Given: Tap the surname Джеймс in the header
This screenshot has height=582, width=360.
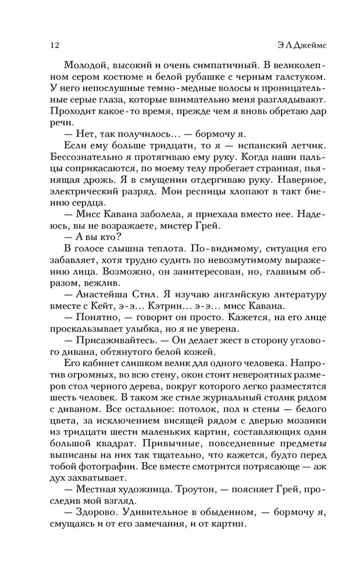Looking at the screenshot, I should click(304, 45).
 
